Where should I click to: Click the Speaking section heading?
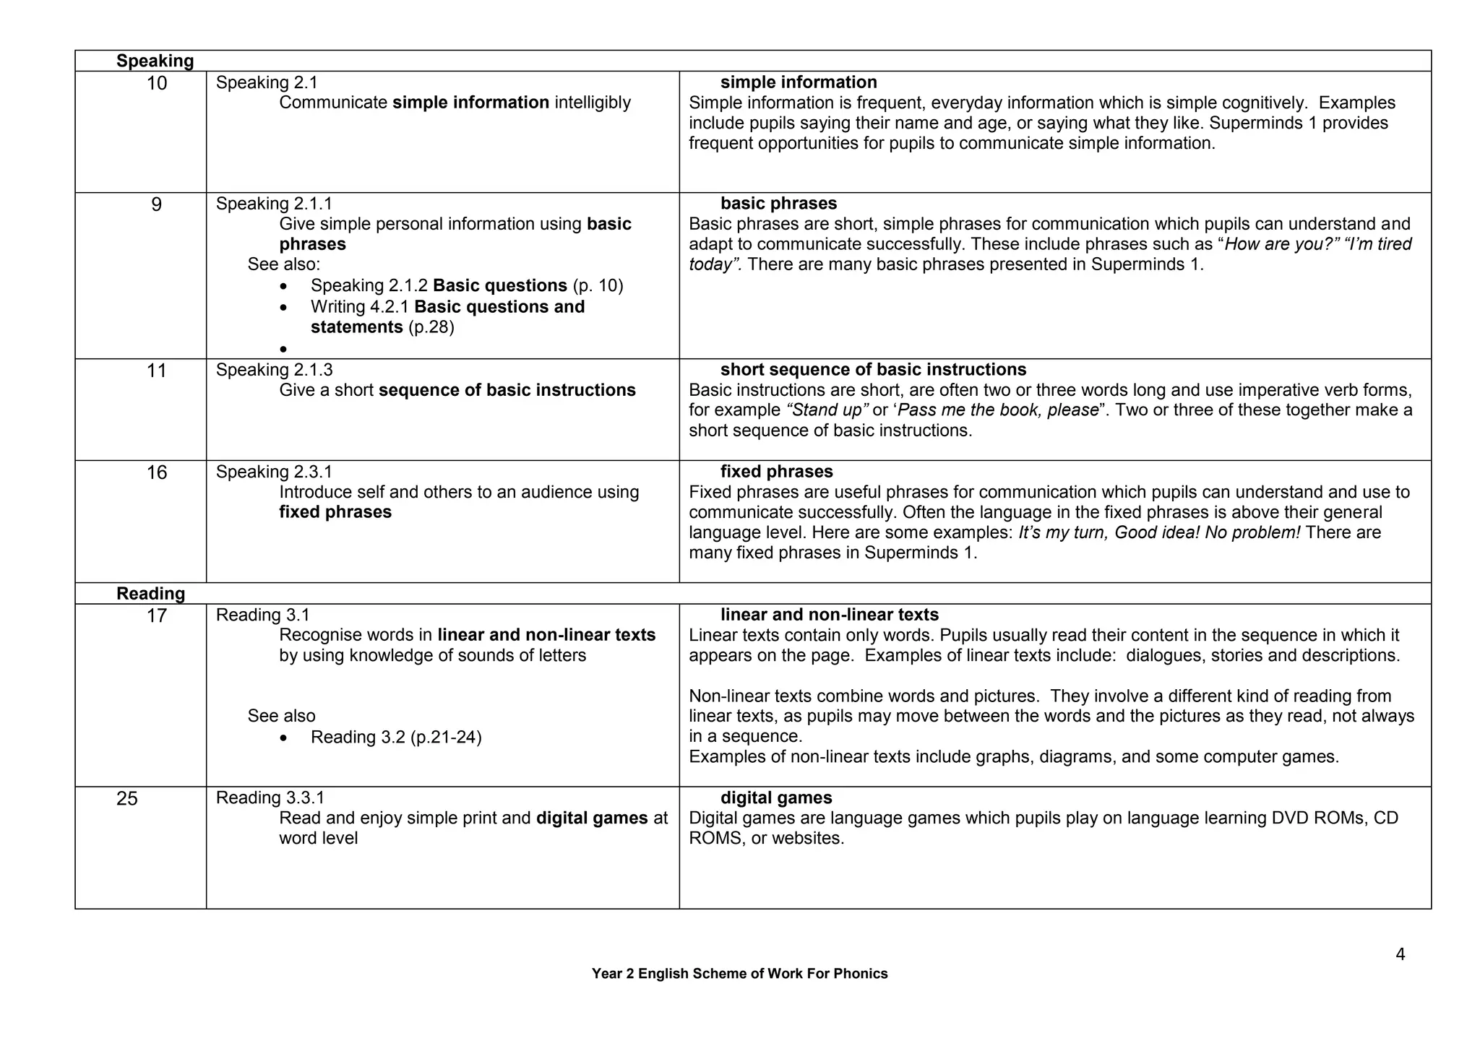point(155,61)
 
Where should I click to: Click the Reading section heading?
point(150,594)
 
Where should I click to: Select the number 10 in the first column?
point(156,84)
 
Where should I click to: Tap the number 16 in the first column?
point(156,473)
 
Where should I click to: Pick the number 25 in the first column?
point(126,799)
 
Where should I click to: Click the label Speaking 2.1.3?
point(274,370)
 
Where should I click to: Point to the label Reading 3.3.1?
point(270,798)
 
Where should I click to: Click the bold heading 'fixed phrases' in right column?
point(776,472)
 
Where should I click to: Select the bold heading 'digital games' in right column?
point(775,798)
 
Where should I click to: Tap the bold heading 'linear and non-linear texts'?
point(829,615)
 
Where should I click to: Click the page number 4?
point(1400,955)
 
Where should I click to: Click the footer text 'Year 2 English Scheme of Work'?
point(739,974)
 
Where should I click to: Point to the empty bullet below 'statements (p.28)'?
point(283,350)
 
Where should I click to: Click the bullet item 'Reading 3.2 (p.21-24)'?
point(395,737)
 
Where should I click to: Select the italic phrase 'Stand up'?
point(827,410)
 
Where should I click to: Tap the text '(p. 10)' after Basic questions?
point(598,285)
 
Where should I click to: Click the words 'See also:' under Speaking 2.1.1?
point(283,264)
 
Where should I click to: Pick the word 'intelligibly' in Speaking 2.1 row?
point(593,103)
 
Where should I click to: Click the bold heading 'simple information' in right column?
point(798,82)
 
